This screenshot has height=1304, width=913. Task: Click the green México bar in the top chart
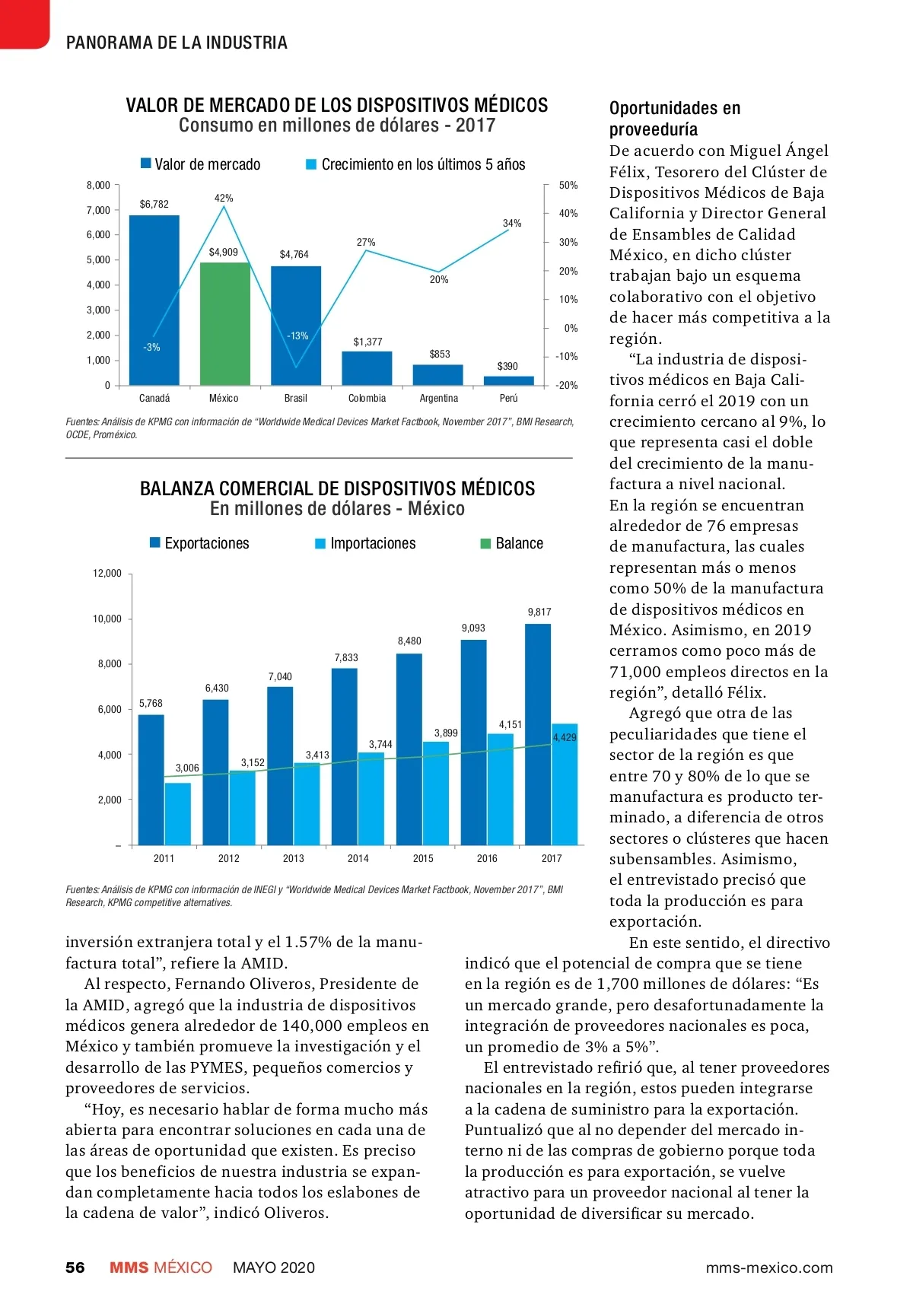tap(225, 323)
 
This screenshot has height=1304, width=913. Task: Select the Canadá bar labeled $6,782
tap(154, 301)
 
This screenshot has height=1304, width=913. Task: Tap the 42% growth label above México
tap(224, 198)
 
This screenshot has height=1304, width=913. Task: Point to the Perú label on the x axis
tap(508, 398)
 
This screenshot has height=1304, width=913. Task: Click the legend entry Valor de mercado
tap(200, 164)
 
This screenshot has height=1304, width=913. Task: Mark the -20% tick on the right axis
tap(567, 385)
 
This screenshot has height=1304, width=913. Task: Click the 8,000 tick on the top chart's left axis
tap(98, 185)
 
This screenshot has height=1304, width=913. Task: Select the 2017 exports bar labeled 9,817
tap(538, 734)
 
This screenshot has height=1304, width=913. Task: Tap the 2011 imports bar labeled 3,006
tap(178, 813)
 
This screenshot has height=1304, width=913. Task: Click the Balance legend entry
tap(512, 543)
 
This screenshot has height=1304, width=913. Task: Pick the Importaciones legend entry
tap(366, 543)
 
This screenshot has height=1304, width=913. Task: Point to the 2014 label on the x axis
tap(358, 858)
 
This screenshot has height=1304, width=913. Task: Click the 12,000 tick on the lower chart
tap(107, 573)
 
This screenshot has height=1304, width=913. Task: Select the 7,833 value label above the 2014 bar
tap(346, 657)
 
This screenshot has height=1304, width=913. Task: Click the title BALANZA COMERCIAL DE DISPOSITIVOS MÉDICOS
tap(337, 488)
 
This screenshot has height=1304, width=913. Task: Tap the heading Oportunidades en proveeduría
tap(674, 118)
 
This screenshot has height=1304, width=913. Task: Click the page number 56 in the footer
tap(75, 1267)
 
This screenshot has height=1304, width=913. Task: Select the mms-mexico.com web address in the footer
tap(768, 1267)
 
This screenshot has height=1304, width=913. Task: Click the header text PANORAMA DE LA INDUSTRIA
tap(177, 43)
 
